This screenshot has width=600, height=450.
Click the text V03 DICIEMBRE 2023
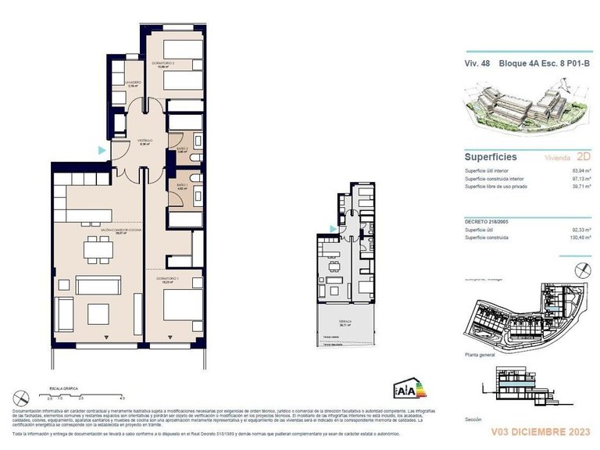tap(541, 430)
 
